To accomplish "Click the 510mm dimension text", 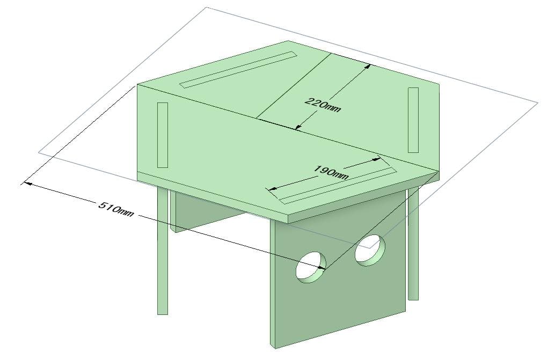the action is pyautogui.click(x=116, y=209).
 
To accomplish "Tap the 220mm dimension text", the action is pyautogui.click(x=323, y=105).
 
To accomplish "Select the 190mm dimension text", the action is pyautogui.click(x=331, y=172).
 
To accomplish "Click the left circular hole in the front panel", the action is pyautogui.click(x=311, y=267).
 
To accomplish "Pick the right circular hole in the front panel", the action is pyautogui.click(x=370, y=250).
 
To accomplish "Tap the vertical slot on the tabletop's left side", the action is pyautogui.click(x=163, y=135).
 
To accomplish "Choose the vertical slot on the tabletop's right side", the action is pyautogui.click(x=413, y=120).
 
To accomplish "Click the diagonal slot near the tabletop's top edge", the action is pyautogui.click(x=238, y=70).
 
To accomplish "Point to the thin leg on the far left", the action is pyautogui.click(x=163, y=251).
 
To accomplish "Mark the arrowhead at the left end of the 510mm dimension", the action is pyautogui.click(x=27, y=183).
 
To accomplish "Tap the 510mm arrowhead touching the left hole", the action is pyautogui.click(x=320, y=268).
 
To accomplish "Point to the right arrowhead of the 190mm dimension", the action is pyautogui.click(x=376, y=160).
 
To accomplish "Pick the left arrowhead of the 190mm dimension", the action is pyautogui.click(x=272, y=189).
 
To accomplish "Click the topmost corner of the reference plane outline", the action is pyautogui.click(x=206, y=7).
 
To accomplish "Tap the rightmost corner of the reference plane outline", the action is pyautogui.click(x=537, y=103).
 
